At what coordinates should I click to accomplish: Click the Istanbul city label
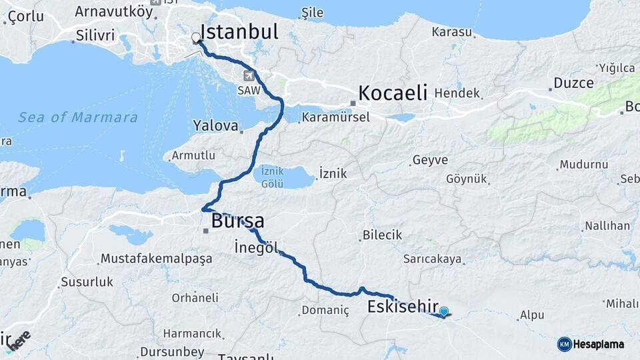pyautogui.click(x=239, y=31)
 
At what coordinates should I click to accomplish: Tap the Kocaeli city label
pyautogui.click(x=393, y=93)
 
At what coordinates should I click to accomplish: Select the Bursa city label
pyautogui.click(x=237, y=221)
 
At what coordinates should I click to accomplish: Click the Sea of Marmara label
pyautogui.click(x=78, y=118)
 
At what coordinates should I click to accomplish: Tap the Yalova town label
pyautogui.click(x=215, y=125)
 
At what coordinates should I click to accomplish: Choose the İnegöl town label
pyautogui.click(x=256, y=248)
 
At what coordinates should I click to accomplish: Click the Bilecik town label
pyautogui.click(x=382, y=235)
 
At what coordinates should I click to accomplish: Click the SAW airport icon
pyautogui.click(x=249, y=75)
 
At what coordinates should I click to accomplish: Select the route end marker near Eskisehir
pyautogui.click(x=444, y=311)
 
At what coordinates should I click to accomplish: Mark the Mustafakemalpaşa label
pyautogui.click(x=156, y=258)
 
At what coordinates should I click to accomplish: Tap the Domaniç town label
pyautogui.click(x=325, y=310)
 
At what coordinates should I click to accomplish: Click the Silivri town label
pyautogui.click(x=95, y=35)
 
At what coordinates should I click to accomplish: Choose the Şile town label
pyautogui.click(x=312, y=13)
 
